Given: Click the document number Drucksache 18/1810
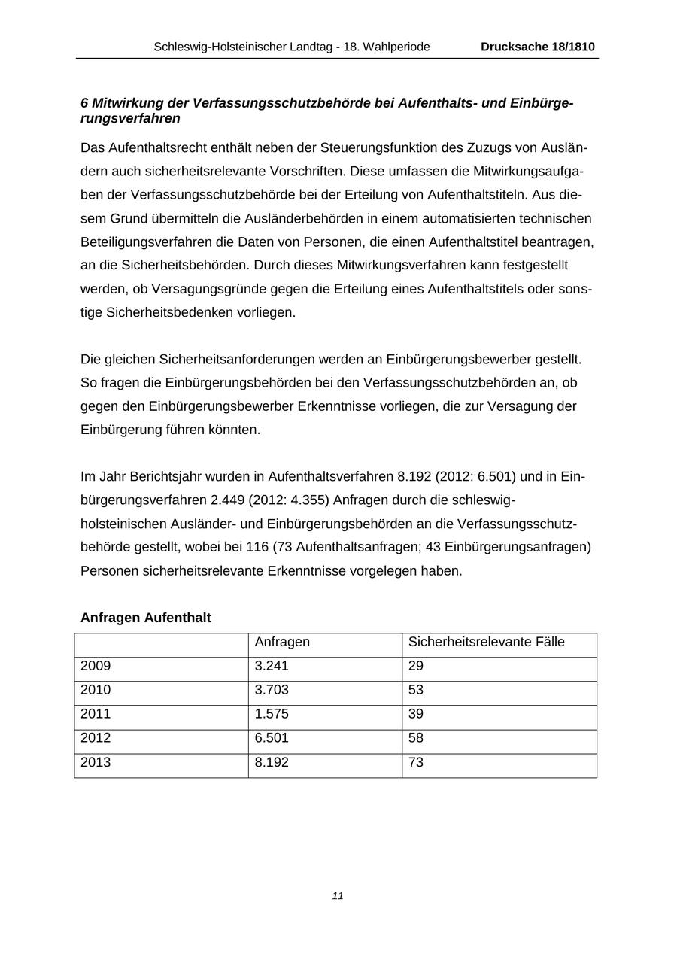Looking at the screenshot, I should [x=537, y=47].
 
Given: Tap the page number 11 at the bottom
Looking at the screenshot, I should [x=338, y=895].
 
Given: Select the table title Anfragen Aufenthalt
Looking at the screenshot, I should [x=145, y=618].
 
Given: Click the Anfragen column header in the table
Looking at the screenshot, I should [x=282, y=642].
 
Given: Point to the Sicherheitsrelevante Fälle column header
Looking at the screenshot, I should [x=486, y=642].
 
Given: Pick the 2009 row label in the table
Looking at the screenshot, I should [x=96, y=666].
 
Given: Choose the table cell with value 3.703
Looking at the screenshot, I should [x=272, y=690].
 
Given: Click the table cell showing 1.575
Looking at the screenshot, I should [x=272, y=714].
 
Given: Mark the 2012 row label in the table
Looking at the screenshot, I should [x=96, y=738].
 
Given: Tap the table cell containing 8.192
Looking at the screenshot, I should [x=272, y=762].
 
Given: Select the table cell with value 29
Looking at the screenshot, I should [x=416, y=666].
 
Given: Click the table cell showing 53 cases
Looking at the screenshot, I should [x=416, y=690].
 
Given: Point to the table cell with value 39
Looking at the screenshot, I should [x=416, y=714].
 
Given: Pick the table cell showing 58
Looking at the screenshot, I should [x=416, y=738].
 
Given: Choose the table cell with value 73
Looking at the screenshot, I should [x=416, y=762].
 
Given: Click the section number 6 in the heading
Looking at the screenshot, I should [x=84, y=102].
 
